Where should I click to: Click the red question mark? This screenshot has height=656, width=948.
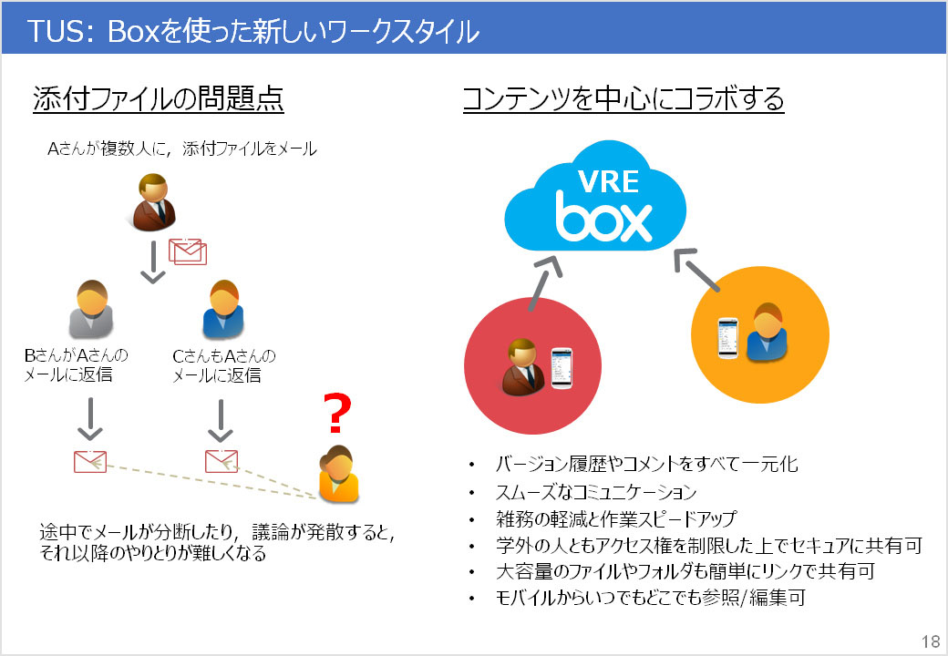337,414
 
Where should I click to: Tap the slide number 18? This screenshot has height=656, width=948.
931,641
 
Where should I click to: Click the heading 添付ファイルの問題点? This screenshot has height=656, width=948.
159,99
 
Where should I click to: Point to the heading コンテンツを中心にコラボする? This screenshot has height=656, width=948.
623,99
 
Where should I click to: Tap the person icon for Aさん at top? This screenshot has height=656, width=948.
151,202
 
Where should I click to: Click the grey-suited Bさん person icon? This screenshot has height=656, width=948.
91,309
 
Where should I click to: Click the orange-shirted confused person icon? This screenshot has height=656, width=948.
338,473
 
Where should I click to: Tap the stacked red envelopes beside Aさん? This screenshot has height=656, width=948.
187,251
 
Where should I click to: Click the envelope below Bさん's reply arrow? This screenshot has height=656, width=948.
90,461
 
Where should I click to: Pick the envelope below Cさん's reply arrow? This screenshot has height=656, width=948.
221,461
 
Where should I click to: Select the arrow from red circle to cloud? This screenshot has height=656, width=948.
545,280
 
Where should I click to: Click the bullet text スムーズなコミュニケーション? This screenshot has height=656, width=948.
596,493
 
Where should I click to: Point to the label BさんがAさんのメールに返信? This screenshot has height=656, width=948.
77,364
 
